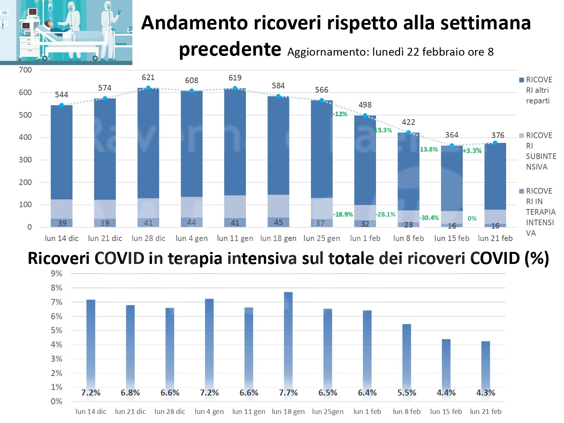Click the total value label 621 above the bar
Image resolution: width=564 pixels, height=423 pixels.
tap(148, 77)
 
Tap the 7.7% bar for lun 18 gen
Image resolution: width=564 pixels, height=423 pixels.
tap(288, 338)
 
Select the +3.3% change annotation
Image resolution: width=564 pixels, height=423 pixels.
tap(472, 151)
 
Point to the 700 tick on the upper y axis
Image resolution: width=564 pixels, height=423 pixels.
tap(25, 70)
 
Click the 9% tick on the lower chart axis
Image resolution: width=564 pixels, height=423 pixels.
tap(56, 274)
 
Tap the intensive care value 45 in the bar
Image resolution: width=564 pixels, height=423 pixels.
tap(278, 223)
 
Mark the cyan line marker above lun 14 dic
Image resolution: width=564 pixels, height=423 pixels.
tap(62, 105)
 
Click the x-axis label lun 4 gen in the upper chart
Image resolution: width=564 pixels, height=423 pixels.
tap(191, 238)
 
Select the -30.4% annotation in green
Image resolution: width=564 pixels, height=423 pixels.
tap(429, 218)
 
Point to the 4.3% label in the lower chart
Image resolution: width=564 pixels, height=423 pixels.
tap(485, 393)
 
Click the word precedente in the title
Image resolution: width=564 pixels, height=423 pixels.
tap(230, 49)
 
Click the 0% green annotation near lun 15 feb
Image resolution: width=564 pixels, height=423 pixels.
tap(472, 218)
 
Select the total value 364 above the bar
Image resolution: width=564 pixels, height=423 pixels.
tap(452, 135)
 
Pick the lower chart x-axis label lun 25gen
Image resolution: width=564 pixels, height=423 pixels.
tap(327, 412)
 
